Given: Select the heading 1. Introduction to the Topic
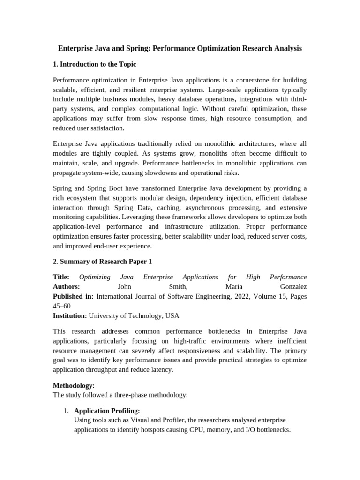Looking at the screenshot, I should click(94, 64).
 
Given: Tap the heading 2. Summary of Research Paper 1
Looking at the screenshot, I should click(102, 261).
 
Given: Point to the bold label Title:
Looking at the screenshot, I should click(61, 277).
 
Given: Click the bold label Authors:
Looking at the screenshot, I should click(66, 286).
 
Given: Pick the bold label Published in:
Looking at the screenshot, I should click(73, 296).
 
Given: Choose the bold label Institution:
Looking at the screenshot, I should click(70, 316).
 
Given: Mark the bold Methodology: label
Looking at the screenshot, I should click(74, 385).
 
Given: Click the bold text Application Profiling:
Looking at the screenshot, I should click(107, 411).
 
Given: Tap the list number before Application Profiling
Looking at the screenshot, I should click(66, 411).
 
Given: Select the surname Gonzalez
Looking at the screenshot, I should click(290, 286).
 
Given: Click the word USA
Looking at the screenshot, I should click(172, 316).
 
